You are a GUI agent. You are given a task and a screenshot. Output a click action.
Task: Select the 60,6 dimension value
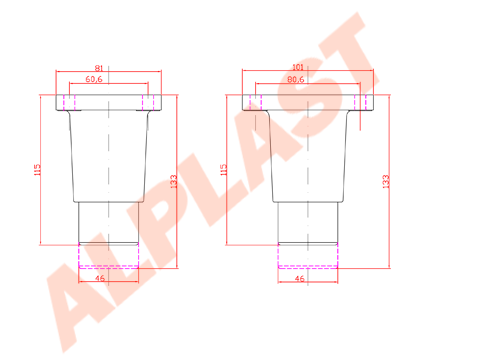click(x=98, y=78)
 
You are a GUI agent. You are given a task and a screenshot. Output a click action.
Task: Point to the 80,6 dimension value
click(x=296, y=78)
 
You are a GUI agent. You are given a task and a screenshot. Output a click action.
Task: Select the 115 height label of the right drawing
click(x=224, y=171)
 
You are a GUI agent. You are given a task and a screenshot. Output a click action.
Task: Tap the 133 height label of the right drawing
click(x=386, y=181)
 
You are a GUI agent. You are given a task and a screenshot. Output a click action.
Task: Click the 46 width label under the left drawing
click(x=99, y=279)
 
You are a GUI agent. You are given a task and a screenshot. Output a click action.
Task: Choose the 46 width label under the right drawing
click(x=299, y=279)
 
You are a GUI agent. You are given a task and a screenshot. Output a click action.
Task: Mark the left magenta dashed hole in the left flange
click(x=69, y=102)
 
